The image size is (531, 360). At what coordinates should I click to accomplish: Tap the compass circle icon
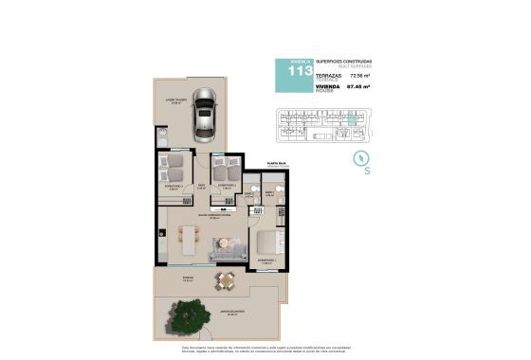pos(358,158)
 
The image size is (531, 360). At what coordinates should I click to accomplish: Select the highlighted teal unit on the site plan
pos(355,119)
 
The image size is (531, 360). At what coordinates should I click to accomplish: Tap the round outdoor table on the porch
pos(225,280)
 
